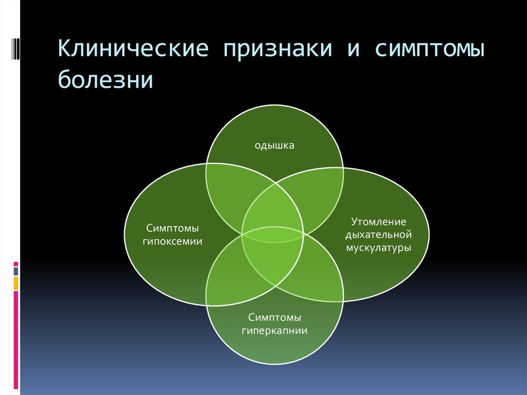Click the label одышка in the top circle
click(274, 146)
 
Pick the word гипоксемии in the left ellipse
click(173, 241)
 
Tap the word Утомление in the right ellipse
click(378, 221)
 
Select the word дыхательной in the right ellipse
click(378, 234)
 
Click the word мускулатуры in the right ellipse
click(378, 248)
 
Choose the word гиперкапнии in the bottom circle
click(274, 331)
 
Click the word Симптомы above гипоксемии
click(172, 228)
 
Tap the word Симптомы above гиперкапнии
click(274, 317)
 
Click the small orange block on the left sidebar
click(16, 283)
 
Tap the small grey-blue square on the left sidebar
click(16, 270)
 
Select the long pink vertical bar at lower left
click(16, 340)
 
